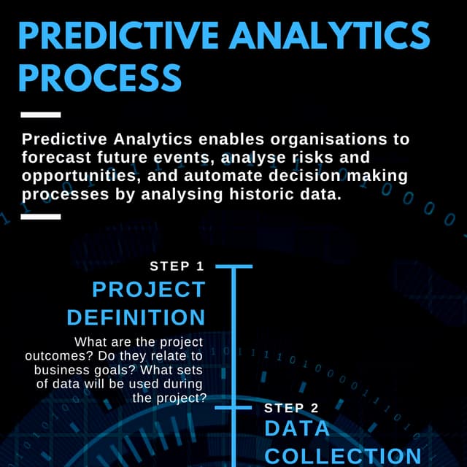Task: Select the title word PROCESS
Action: pyautogui.click(x=99, y=77)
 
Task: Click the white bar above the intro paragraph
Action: pyautogui.click(x=41, y=115)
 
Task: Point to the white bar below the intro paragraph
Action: pyautogui.click(x=41, y=217)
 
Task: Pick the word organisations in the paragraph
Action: pyautogui.click(x=328, y=139)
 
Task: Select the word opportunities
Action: pyautogui.click(x=77, y=177)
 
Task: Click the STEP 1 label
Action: pyautogui.click(x=177, y=266)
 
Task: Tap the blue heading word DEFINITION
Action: pyautogui.click(x=136, y=317)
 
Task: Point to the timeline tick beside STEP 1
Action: pyautogui.click(x=233, y=266)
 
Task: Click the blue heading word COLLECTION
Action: pyautogui.click(x=343, y=456)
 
